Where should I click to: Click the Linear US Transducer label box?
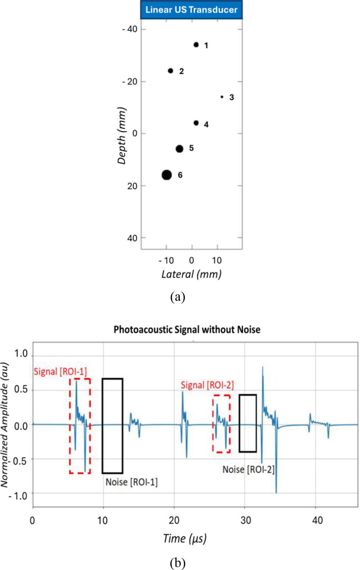(x=191, y=10)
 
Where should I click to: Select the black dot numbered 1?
(x=196, y=45)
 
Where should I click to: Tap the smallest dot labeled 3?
(x=222, y=97)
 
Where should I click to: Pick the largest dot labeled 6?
(x=167, y=175)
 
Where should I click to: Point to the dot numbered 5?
(x=179, y=149)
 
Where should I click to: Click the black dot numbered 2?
(x=170, y=71)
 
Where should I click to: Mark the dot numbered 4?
(x=196, y=123)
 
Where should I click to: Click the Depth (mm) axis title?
(x=122, y=135)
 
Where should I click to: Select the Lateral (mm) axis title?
(x=191, y=274)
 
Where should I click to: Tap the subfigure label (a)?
(x=178, y=297)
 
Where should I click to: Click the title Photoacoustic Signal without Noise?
(x=187, y=330)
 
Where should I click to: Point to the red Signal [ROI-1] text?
(x=60, y=372)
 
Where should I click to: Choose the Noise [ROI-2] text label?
(x=248, y=469)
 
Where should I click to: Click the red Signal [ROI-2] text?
(x=207, y=385)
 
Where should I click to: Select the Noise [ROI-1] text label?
(x=131, y=482)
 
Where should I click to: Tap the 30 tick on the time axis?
(x=245, y=520)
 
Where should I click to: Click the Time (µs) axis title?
(x=185, y=538)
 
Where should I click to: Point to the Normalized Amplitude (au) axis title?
(x=5, y=425)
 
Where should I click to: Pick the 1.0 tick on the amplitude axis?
(x=21, y=354)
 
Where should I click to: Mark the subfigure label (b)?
(x=178, y=563)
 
